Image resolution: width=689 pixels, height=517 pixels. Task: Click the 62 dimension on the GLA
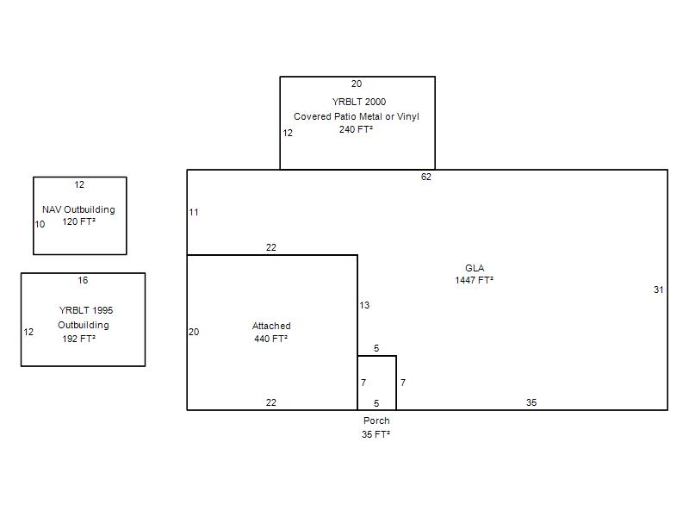point(425,177)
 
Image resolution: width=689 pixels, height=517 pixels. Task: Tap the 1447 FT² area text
point(475,280)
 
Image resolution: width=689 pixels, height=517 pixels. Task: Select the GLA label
point(475,268)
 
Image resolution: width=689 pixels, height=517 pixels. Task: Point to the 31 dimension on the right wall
point(658,290)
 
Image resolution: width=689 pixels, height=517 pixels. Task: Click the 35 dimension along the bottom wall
point(531,402)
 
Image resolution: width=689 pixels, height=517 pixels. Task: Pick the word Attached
point(271,326)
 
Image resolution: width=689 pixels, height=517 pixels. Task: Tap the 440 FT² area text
point(270,339)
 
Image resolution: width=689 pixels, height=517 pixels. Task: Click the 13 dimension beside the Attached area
point(364,305)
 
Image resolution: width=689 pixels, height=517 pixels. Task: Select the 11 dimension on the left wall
point(194,212)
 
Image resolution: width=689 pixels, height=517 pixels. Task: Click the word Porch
point(376,420)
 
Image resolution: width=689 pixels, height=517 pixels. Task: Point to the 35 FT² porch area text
point(376,434)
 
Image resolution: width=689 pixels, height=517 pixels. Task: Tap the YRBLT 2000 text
point(359,102)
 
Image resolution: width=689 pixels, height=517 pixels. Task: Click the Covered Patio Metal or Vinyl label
point(357,116)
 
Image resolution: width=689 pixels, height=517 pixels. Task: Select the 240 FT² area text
point(356,129)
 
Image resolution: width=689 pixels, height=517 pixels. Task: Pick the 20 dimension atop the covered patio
point(357,84)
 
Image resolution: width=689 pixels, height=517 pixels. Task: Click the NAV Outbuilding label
point(78,209)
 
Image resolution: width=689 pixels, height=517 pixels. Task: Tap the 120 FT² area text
point(78,221)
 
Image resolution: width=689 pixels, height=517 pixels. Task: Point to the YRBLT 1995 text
point(86,310)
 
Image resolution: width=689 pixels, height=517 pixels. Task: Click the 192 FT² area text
point(78,339)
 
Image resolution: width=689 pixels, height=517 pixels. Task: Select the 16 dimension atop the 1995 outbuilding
point(83,280)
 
